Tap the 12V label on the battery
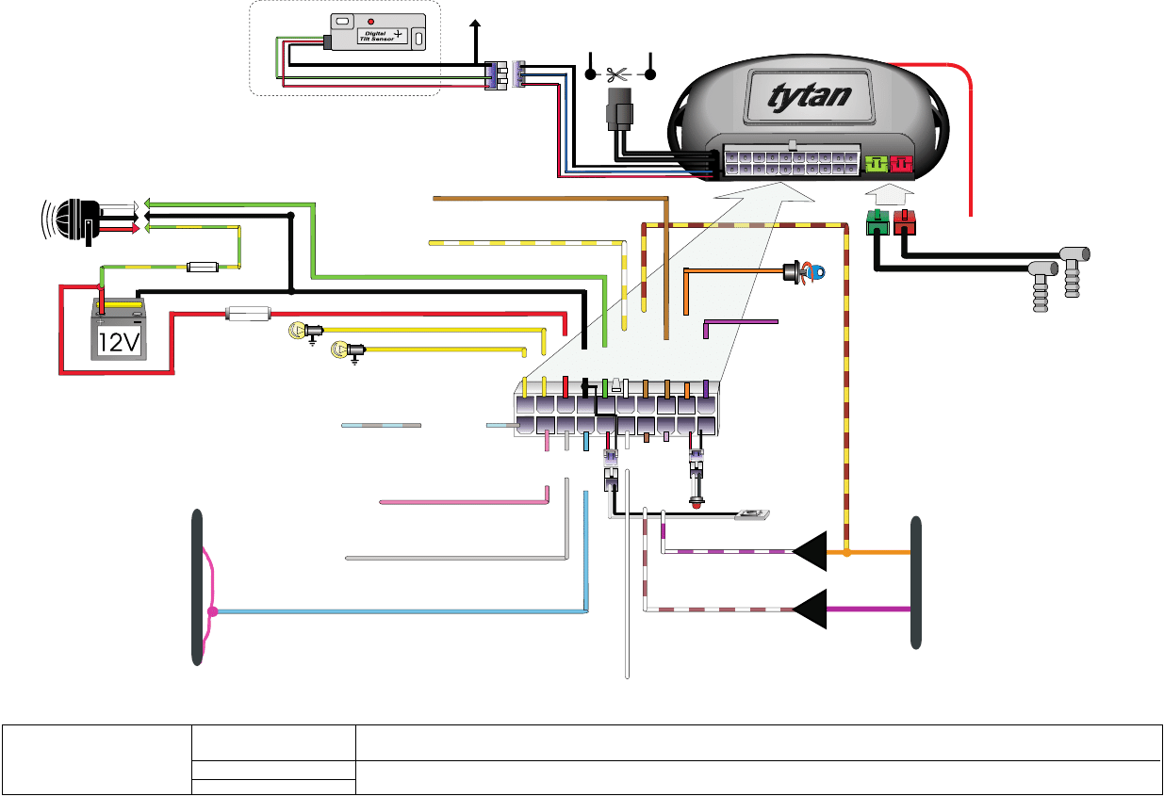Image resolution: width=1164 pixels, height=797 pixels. (x=119, y=343)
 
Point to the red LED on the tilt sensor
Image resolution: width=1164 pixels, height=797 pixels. (x=370, y=21)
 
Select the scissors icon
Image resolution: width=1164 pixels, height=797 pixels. (x=619, y=73)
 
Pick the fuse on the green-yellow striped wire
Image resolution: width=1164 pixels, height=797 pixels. (x=205, y=268)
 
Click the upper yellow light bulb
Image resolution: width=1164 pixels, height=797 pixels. (x=300, y=331)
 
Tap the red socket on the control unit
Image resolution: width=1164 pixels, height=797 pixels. (x=903, y=164)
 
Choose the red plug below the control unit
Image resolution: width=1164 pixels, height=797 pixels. (x=905, y=224)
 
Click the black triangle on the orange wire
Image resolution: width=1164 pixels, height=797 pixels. (x=812, y=551)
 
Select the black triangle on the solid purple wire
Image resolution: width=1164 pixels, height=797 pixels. (x=812, y=610)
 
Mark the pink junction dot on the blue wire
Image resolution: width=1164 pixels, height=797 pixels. (x=213, y=611)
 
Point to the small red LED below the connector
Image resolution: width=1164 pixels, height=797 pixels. (x=697, y=503)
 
